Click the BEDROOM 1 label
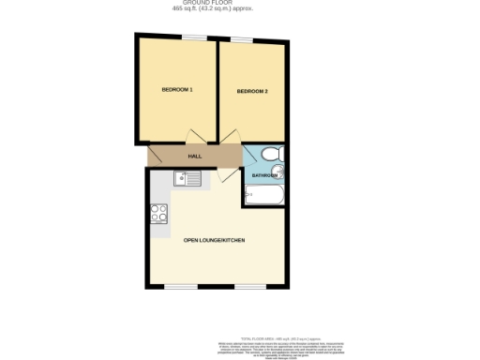coord(177,90)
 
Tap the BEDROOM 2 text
coord(252,91)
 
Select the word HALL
coord(195,157)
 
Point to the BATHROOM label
coord(263,176)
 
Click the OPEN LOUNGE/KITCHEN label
coord(215,241)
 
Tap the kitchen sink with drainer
coord(184,178)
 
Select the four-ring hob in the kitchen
coord(157,213)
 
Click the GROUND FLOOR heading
coord(215,3)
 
